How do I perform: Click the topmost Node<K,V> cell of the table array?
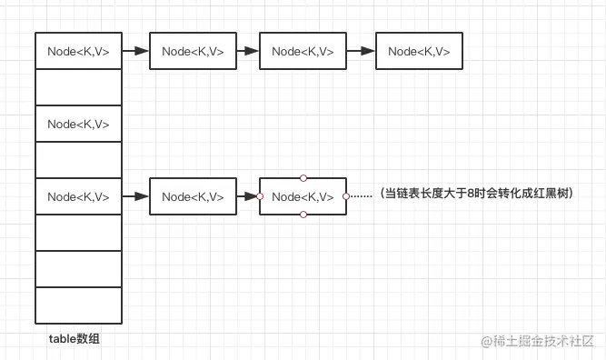[x=78, y=52]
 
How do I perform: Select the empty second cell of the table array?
[x=78, y=88]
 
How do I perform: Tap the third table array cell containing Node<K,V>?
[x=78, y=125]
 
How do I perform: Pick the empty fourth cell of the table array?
[x=78, y=160]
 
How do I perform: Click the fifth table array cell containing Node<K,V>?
[x=78, y=196]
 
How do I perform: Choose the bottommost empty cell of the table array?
[x=78, y=305]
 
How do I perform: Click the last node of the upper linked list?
[x=419, y=52]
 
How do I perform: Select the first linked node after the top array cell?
[x=193, y=52]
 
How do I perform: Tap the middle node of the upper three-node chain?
[x=303, y=52]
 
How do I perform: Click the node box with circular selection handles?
[x=303, y=196]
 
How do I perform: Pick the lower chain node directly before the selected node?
[x=193, y=196]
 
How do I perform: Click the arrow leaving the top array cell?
[x=135, y=52]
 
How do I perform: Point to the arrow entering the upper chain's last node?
[x=361, y=52]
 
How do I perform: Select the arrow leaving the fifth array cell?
[x=135, y=196]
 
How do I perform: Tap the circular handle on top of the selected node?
[x=303, y=178]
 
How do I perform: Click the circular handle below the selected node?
[x=303, y=215]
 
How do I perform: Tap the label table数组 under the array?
[x=75, y=339]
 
